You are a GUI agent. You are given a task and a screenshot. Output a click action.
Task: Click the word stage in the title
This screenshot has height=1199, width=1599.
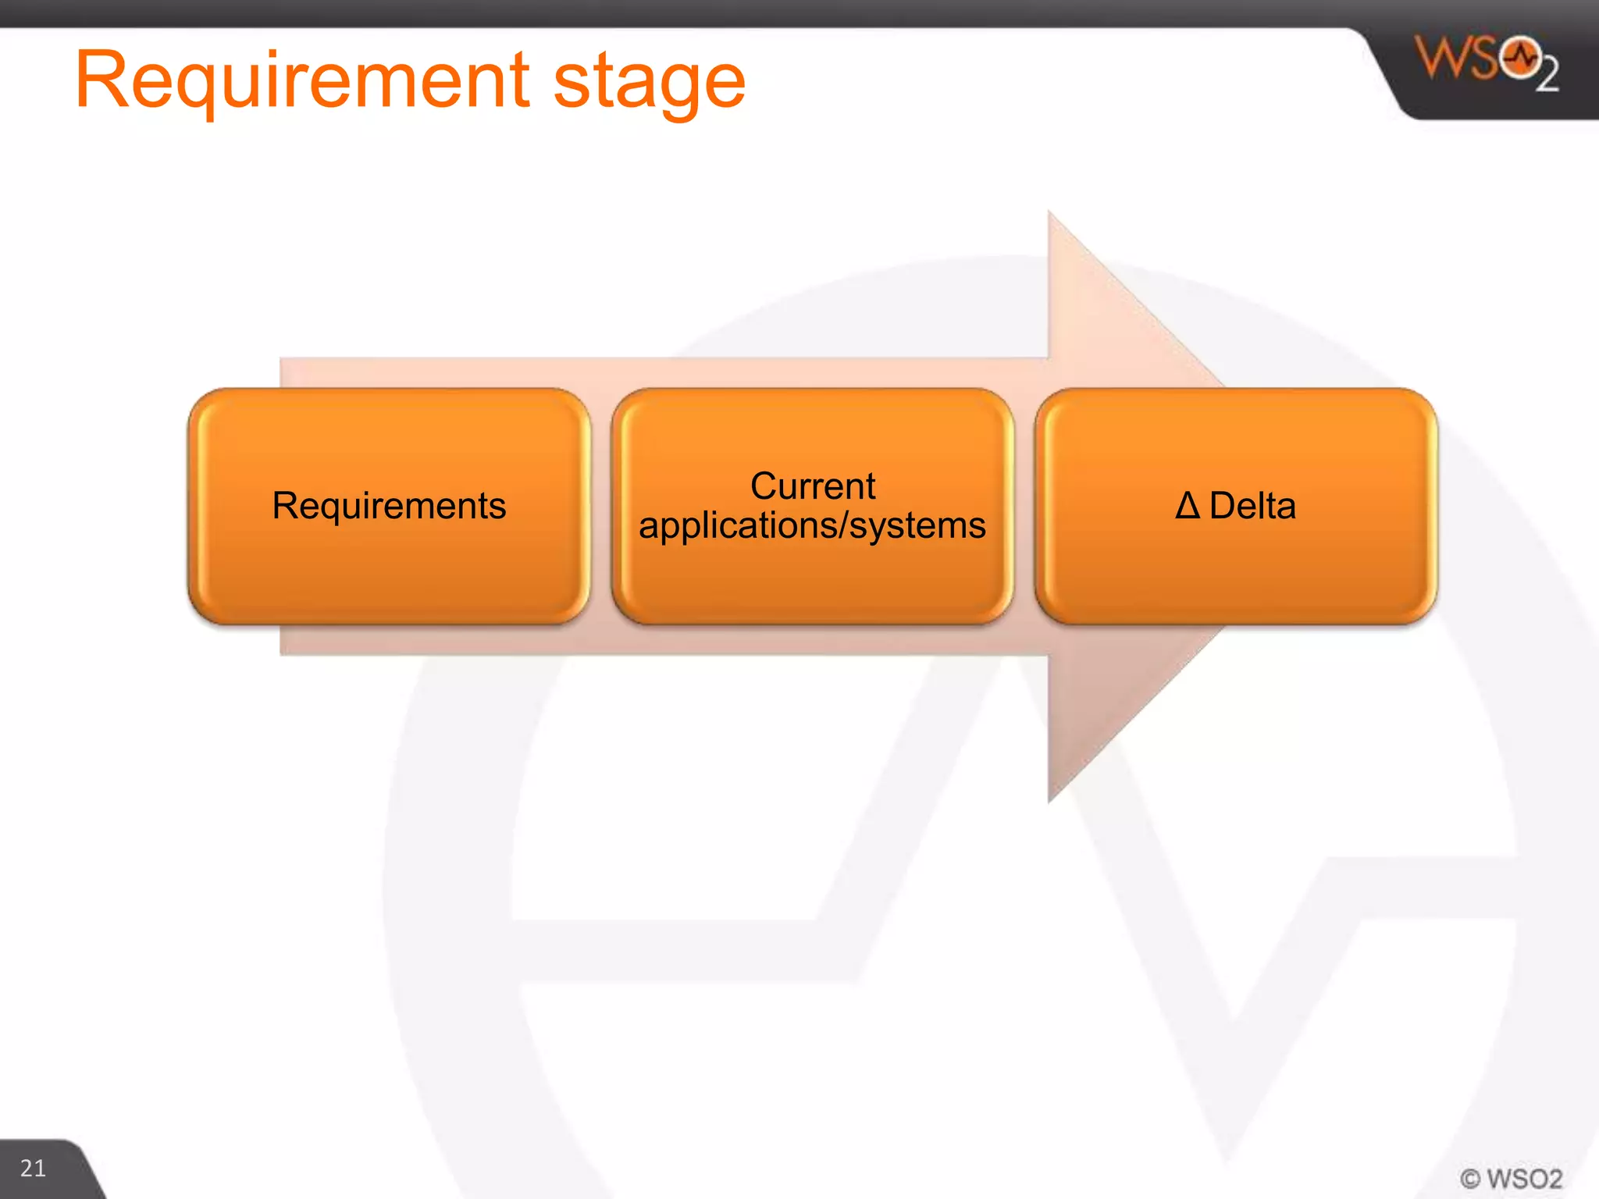coord(649,84)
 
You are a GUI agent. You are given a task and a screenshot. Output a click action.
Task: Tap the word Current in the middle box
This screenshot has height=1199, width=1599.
coord(812,486)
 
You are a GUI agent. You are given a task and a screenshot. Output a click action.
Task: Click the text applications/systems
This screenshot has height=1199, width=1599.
coord(812,526)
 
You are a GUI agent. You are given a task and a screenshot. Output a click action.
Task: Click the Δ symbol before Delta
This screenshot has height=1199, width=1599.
coord(1187,506)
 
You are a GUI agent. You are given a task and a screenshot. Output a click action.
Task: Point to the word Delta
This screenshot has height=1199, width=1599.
coord(1252,506)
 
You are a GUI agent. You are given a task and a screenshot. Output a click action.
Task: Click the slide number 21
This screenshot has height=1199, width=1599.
coord(33,1169)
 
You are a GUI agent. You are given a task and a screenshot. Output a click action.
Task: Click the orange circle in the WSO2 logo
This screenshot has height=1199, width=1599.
coord(1519,57)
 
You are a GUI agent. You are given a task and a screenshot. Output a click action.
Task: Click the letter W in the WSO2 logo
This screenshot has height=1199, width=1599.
coord(1440,58)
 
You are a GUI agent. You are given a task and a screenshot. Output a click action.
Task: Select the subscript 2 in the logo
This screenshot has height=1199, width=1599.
coord(1547,76)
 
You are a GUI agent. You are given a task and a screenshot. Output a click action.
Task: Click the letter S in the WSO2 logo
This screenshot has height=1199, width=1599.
coord(1483,58)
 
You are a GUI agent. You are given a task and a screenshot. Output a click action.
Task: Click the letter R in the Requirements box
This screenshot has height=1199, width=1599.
coord(284,506)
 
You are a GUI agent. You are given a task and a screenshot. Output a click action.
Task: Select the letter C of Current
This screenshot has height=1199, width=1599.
coord(764,486)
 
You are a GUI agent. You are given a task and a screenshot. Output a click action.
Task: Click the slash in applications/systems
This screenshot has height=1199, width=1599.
coord(843,526)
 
